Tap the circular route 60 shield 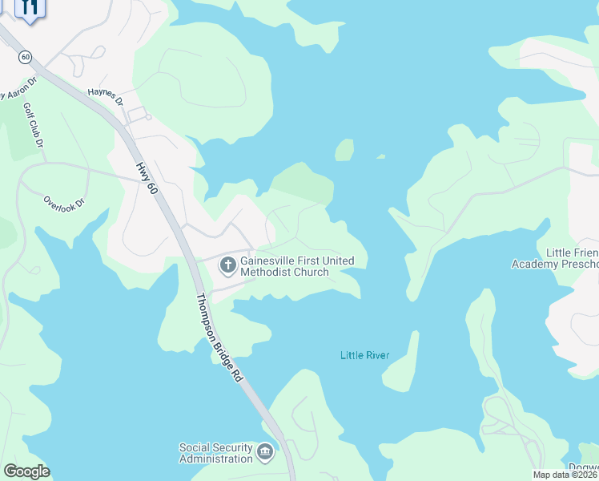click(x=26, y=57)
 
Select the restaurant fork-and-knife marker click(x=30, y=9)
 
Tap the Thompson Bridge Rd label click(x=219, y=337)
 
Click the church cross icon click(x=227, y=264)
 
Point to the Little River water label click(x=364, y=354)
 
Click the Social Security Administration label click(x=215, y=453)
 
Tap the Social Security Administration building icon click(x=265, y=454)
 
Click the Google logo click(x=26, y=471)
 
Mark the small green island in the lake click(x=344, y=150)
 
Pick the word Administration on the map click(x=215, y=459)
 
